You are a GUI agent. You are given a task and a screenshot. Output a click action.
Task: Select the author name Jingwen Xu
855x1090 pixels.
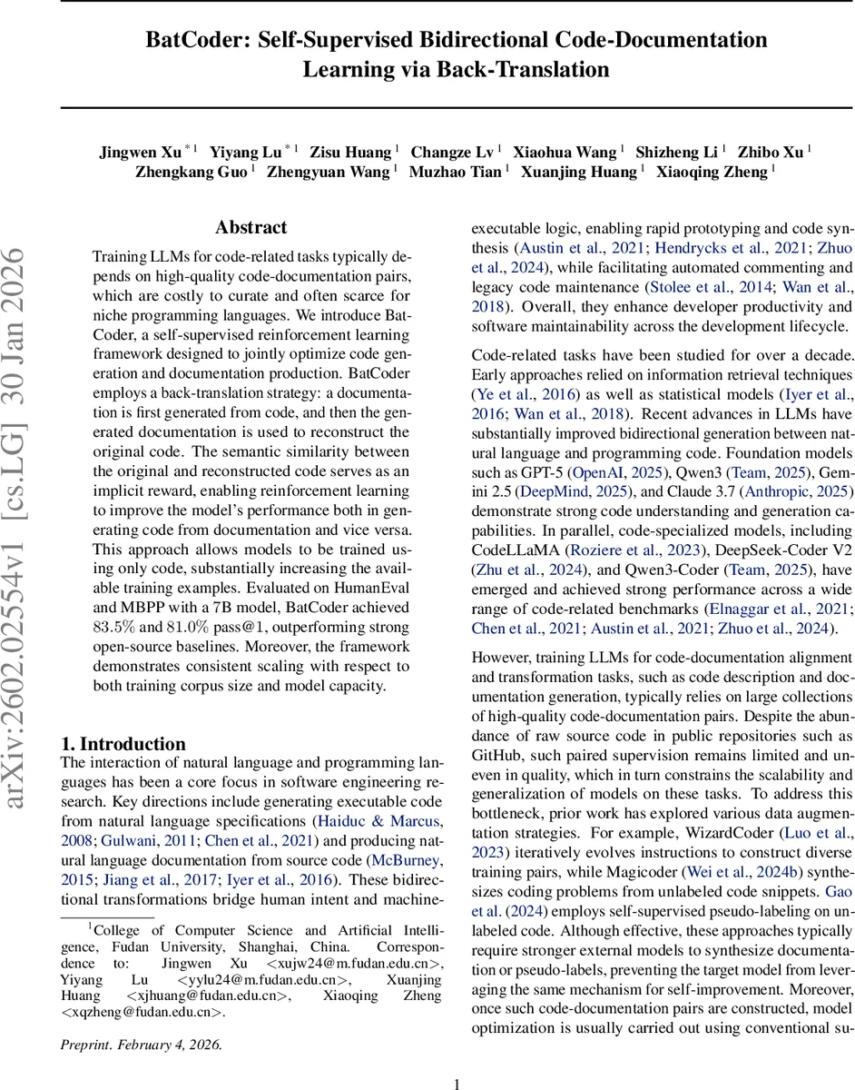141,152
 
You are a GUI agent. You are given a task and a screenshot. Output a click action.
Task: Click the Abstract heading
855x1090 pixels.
251,227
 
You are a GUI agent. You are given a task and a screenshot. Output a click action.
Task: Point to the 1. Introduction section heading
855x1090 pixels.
123,744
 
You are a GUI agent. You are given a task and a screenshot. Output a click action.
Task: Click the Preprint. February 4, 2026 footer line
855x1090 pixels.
141,1018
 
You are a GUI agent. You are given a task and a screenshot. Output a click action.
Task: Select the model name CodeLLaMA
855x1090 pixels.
512,524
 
